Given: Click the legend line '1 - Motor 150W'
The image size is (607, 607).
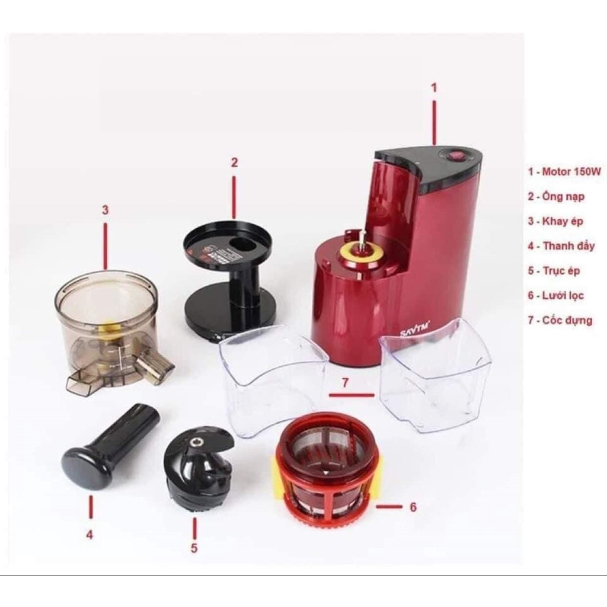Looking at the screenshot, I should [x=564, y=172].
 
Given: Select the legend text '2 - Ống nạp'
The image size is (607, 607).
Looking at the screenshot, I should [x=555, y=197].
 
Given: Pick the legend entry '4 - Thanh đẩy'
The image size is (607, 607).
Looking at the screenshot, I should [x=561, y=246].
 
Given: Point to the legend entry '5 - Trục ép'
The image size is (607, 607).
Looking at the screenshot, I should [x=554, y=271].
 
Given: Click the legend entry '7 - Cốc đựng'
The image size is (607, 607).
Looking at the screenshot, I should [x=560, y=320].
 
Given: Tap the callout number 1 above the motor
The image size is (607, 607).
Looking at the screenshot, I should [x=434, y=88].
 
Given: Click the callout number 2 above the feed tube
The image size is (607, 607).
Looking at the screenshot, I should [x=234, y=162].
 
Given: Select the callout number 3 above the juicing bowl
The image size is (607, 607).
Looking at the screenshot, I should [x=106, y=210].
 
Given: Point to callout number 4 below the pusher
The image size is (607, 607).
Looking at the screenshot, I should [x=90, y=534].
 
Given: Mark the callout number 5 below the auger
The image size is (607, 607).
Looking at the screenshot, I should [x=194, y=548].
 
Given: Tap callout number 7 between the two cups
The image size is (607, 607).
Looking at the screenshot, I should [x=344, y=383].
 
